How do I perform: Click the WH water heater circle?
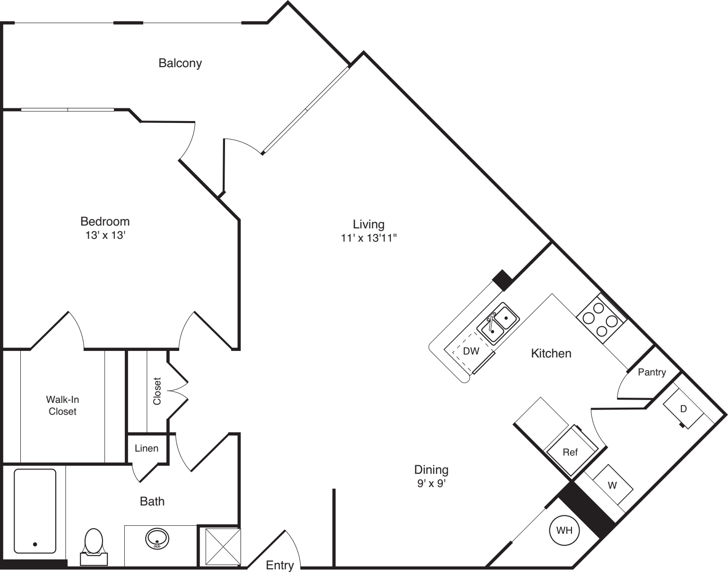[x=564, y=530]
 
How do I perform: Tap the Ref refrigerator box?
[x=571, y=453]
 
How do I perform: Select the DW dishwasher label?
[x=471, y=351]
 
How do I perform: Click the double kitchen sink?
[x=498, y=323]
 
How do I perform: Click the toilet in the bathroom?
[x=94, y=544]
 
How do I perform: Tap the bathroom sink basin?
[x=157, y=538]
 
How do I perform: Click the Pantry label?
[x=651, y=372]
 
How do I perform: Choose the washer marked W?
[x=612, y=486]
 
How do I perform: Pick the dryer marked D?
[x=683, y=409]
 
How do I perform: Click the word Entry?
[x=280, y=565]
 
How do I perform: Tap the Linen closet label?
[x=147, y=448]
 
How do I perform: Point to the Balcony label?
[x=180, y=63]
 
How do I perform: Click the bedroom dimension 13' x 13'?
[x=105, y=235]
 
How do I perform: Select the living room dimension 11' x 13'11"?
[x=368, y=238]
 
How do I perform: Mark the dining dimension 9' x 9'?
[x=431, y=484]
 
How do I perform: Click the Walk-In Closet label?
[x=62, y=405]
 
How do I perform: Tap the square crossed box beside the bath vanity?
[x=219, y=546]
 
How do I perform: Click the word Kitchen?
[x=551, y=353]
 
